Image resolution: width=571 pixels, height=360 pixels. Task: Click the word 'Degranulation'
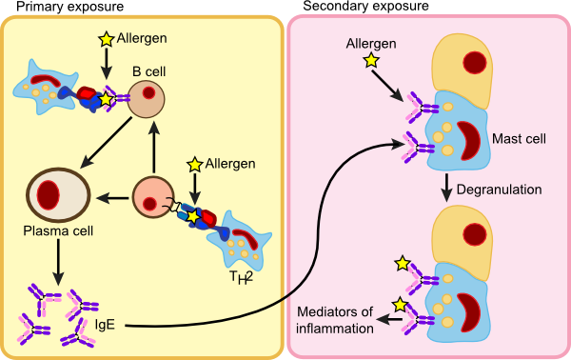[499, 189]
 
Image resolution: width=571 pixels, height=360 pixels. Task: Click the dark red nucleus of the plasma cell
[49, 192]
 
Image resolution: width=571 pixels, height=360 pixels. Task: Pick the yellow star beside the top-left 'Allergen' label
[107, 40]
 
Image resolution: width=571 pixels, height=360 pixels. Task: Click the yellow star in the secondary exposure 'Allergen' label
[368, 62]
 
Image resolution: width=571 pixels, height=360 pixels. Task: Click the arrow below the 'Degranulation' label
[445, 189]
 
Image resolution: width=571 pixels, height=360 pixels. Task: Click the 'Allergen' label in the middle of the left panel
[230, 164]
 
